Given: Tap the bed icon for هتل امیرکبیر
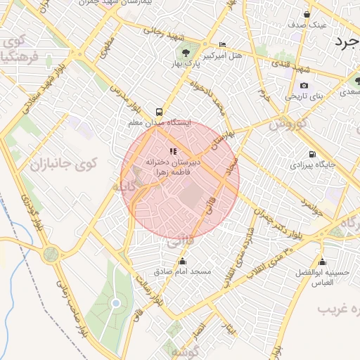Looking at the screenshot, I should point(222,44).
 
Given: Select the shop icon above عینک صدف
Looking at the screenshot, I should point(307,13).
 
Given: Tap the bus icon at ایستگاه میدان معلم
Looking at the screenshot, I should point(159,111).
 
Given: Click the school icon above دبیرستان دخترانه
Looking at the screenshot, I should point(173,151).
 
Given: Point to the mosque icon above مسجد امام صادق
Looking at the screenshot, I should point(183,262).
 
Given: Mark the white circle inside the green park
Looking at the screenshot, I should point(115,303).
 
